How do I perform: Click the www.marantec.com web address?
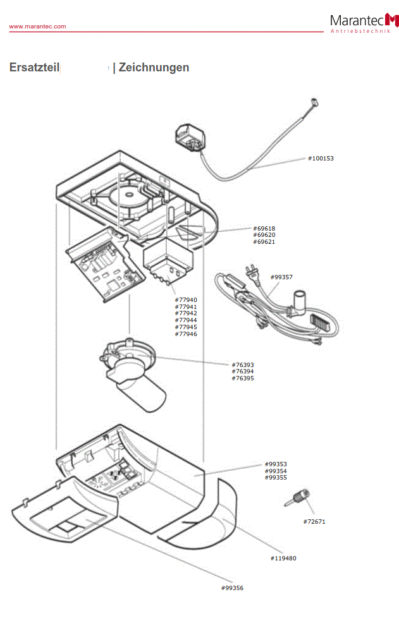37,27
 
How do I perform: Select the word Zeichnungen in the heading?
154,68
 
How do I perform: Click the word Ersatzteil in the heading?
34,68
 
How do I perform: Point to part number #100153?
321,159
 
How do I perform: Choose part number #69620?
264,235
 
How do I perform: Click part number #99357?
281,277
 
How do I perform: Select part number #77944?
186,320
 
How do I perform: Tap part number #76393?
243,365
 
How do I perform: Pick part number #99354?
276,471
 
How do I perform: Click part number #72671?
314,522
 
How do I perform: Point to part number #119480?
283,559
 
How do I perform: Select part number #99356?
232,588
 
